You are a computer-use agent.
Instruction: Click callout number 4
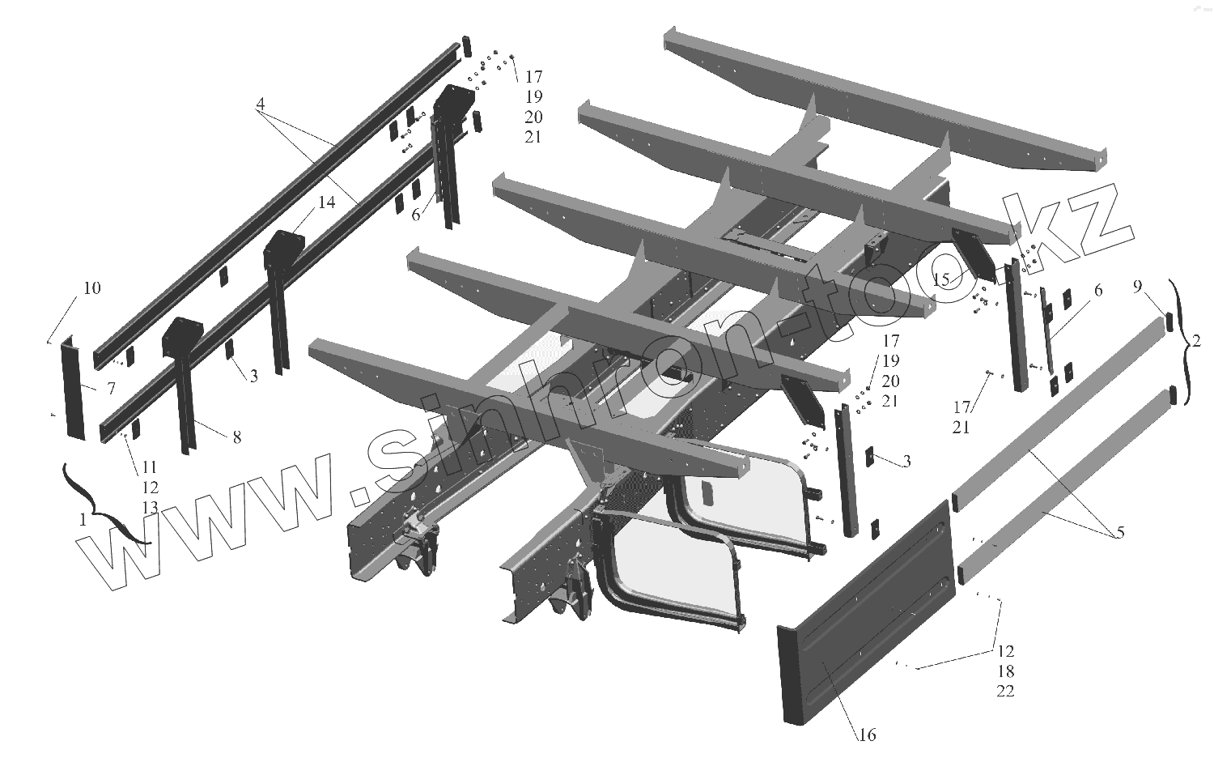click(x=261, y=104)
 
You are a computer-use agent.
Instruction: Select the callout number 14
click(x=326, y=202)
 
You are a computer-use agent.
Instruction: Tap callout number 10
click(x=91, y=288)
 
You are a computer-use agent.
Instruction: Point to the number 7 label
click(x=111, y=390)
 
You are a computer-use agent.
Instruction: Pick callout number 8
click(x=236, y=437)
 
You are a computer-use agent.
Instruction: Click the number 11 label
click(x=149, y=467)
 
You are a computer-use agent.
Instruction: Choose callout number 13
click(x=149, y=508)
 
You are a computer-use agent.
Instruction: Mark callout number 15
click(x=940, y=280)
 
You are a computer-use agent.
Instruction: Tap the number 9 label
click(x=1137, y=287)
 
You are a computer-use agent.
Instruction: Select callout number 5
click(x=1120, y=533)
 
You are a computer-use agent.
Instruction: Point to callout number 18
click(x=1006, y=671)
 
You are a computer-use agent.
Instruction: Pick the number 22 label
click(x=1006, y=691)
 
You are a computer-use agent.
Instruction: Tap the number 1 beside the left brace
click(x=83, y=521)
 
